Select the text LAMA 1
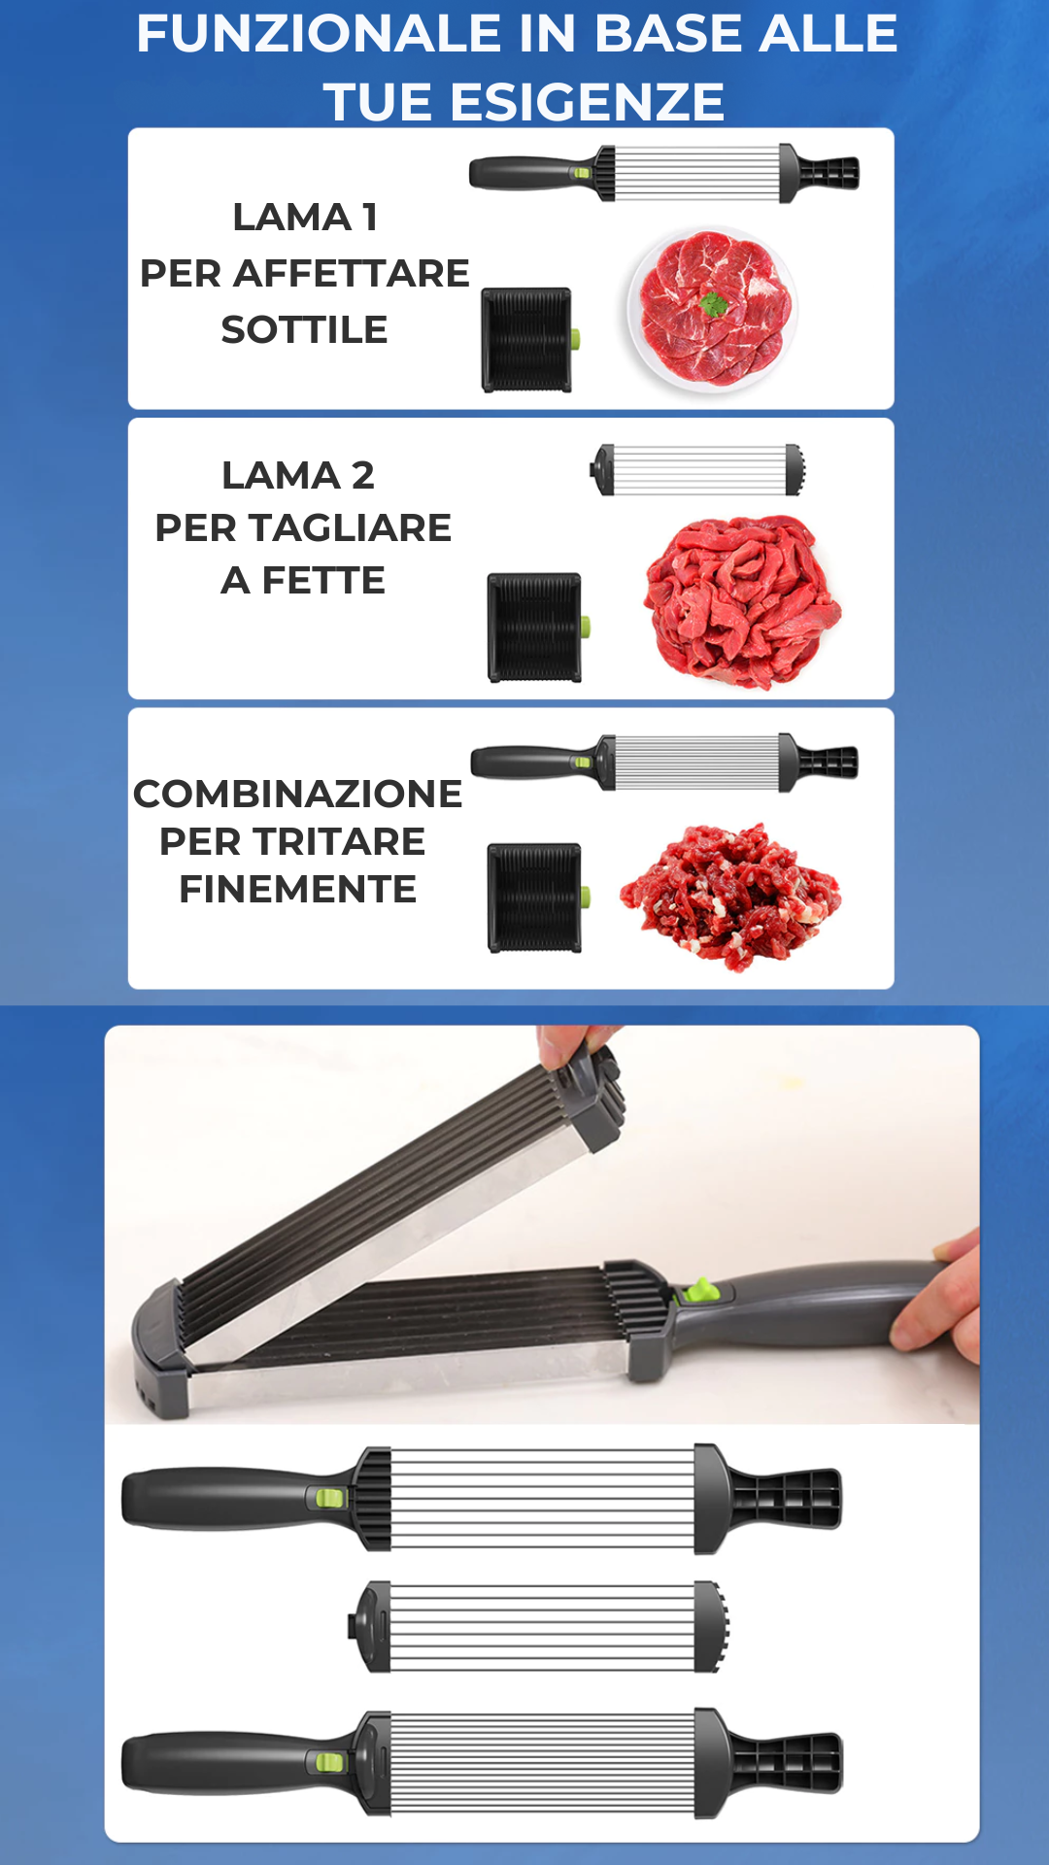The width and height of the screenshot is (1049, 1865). pyautogui.click(x=305, y=217)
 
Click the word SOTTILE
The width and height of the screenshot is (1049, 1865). pyautogui.click(x=304, y=329)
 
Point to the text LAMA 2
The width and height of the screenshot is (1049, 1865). pyautogui.click(x=298, y=475)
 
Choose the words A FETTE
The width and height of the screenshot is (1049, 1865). pyautogui.click(x=303, y=580)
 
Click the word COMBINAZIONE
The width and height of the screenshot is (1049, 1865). pyautogui.click(x=297, y=794)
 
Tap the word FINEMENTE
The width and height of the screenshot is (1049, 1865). pyautogui.click(x=297, y=889)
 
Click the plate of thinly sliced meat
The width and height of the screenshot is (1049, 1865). pyautogui.click(x=712, y=310)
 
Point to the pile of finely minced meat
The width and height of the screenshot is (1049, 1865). pyautogui.click(x=730, y=896)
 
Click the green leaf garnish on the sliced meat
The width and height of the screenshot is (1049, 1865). pyautogui.click(x=714, y=304)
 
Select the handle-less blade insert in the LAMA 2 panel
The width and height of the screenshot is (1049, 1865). pyautogui.click(x=698, y=470)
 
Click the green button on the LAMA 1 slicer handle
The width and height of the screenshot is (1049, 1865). pyautogui.click(x=581, y=173)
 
